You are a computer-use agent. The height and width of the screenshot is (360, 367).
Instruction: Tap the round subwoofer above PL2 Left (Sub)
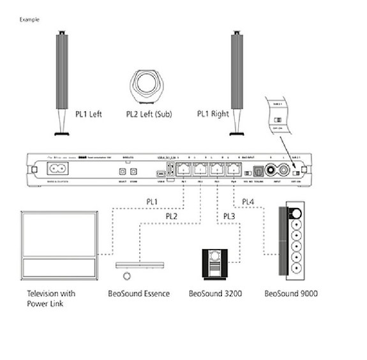[x=149, y=85]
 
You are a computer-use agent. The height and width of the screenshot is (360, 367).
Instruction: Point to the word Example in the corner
[x=29, y=20]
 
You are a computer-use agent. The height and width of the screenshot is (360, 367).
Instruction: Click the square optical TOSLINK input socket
[x=257, y=171]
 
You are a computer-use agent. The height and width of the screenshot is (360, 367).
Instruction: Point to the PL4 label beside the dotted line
[x=249, y=203]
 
